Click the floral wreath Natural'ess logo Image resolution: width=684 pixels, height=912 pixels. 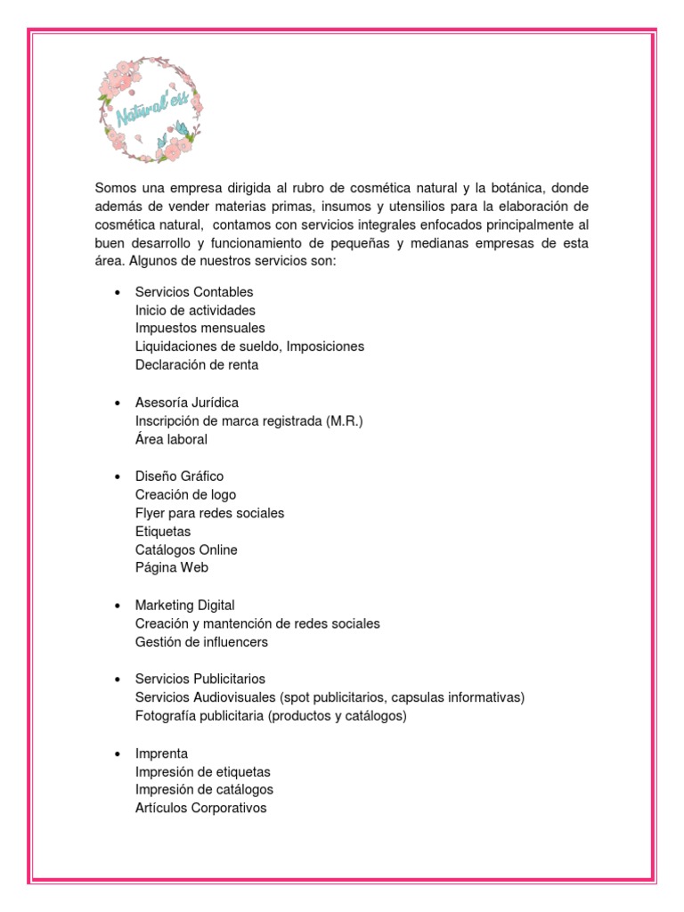click(150, 107)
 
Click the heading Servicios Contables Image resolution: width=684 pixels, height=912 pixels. click(194, 292)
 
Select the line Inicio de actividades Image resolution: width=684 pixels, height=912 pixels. click(195, 310)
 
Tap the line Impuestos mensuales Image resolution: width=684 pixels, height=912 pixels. click(199, 328)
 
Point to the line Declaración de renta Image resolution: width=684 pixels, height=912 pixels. click(197, 364)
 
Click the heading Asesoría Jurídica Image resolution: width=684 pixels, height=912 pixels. click(187, 403)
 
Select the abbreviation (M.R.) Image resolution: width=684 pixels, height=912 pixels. click(346, 420)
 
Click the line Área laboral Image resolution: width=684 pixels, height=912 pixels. click(171, 439)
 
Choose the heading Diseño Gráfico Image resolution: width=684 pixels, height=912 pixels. click(179, 476)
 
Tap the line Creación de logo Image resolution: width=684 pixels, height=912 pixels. click(185, 494)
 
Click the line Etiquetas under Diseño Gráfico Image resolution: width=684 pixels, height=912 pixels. click(163, 532)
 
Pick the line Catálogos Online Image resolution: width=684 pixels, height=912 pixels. click(186, 550)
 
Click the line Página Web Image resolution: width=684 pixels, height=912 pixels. click(172, 567)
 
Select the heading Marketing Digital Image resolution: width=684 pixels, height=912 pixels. click(185, 606)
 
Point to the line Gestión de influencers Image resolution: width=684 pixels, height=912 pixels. click(201, 641)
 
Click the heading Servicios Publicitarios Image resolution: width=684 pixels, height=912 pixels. click(200, 679)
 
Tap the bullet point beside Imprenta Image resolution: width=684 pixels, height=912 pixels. click(117, 753)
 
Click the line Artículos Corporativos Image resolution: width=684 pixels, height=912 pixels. click(200, 808)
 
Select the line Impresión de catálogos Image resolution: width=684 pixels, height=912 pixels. click(204, 789)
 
